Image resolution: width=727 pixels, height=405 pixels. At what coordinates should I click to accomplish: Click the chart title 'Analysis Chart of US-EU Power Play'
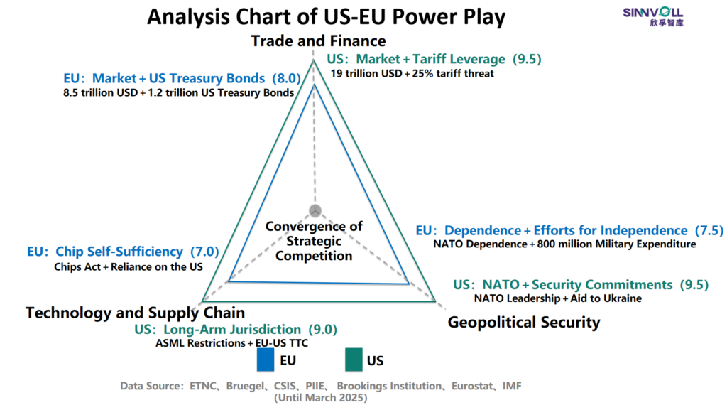pyautogui.click(x=326, y=17)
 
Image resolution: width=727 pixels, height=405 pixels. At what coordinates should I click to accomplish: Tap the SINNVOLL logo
pyautogui.click(x=653, y=17)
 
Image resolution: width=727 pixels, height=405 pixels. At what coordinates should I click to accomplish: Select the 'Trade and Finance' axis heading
pyautogui.click(x=319, y=40)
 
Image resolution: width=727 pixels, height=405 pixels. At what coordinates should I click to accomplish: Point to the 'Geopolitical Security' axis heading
pyautogui.click(x=524, y=322)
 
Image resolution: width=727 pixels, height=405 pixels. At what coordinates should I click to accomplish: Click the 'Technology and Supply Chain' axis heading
pyautogui.click(x=136, y=313)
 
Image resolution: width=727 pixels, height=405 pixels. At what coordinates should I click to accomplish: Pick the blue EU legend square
pyautogui.click(x=266, y=360)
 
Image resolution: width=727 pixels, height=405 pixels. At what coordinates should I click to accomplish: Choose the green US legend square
pyautogui.click(x=354, y=360)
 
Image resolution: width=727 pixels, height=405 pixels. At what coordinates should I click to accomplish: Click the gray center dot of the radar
pyautogui.click(x=315, y=210)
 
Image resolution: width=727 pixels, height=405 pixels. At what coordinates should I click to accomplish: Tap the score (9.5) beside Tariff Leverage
pyautogui.click(x=528, y=60)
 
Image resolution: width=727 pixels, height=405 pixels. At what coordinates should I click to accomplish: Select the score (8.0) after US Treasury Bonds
pyautogui.click(x=287, y=78)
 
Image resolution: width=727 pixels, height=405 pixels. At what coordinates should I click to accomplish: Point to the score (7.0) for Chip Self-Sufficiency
pyautogui.click(x=204, y=252)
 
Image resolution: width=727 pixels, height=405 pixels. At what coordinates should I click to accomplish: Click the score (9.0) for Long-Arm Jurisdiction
pyautogui.click(x=323, y=330)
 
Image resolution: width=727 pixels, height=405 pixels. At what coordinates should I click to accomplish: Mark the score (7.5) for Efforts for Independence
pyautogui.click(x=709, y=231)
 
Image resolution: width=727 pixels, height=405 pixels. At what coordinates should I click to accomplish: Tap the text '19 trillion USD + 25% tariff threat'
pyautogui.click(x=412, y=74)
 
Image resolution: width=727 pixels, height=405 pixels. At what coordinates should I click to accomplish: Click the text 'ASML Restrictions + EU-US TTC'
pyautogui.click(x=232, y=343)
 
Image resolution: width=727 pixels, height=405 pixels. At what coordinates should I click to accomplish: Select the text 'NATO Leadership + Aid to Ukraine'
pyautogui.click(x=558, y=298)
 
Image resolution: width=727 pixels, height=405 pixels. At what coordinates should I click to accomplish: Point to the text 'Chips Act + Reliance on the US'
pyautogui.click(x=129, y=266)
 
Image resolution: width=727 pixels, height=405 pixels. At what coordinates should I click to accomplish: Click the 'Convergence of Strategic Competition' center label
pyautogui.click(x=314, y=242)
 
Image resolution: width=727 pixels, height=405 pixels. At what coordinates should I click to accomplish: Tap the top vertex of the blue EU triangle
pyautogui.click(x=315, y=84)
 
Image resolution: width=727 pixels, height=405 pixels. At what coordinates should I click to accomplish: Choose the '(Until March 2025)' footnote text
pyautogui.click(x=320, y=398)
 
